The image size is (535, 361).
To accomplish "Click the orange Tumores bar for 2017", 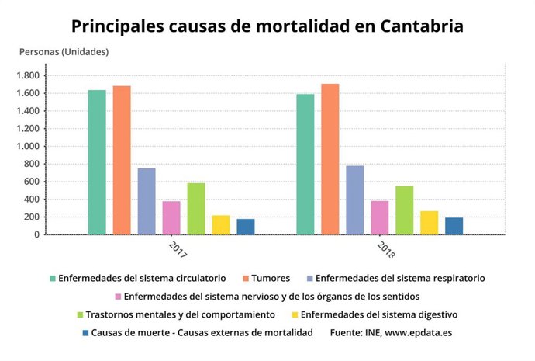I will click(x=122, y=160).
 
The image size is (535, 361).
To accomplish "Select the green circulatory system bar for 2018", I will click(x=305, y=164).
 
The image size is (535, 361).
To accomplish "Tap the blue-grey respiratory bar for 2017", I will click(x=147, y=201).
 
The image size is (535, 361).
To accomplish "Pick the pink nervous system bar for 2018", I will click(x=380, y=217).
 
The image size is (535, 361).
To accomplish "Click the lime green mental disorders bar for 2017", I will click(x=196, y=208).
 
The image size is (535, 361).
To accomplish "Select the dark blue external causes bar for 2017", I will click(x=246, y=226).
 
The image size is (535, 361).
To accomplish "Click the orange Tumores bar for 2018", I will click(x=330, y=158).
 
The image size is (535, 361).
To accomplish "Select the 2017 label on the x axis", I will click(x=178, y=249).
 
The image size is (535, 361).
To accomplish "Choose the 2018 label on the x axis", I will click(x=385, y=249).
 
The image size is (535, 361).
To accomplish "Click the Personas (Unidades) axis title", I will click(x=64, y=52).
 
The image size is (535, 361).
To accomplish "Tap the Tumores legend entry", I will click(x=271, y=277).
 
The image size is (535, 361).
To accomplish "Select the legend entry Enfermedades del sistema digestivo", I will click(x=378, y=314).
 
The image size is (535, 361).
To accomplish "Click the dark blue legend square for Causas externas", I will click(x=85, y=333).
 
